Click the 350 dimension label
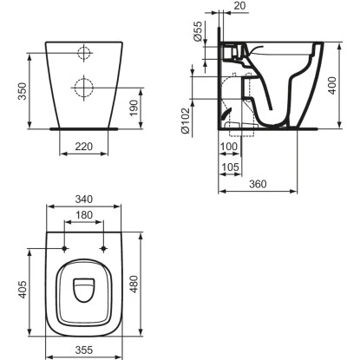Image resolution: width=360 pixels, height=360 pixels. pyautogui.click(x=22, y=91)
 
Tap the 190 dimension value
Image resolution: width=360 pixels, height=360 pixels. pyautogui.click(x=134, y=108)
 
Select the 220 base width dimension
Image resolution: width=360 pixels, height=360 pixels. pyautogui.click(x=84, y=147)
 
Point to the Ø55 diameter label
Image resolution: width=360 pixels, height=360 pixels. pyautogui.click(x=198, y=31)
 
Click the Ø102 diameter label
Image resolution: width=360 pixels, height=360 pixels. pyautogui.click(x=185, y=121)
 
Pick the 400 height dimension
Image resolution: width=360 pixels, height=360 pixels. pyautogui.click(x=332, y=85)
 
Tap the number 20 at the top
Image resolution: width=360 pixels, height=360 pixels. pyautogui.click(x=239, y=5)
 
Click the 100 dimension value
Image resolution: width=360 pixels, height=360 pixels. pyautogui.click(x=229, y=147)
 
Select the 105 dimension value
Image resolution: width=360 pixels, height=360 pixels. pyautogui.click(x=231, y=167)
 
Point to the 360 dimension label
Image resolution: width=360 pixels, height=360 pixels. pyautogui.click(x=258, y=184)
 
